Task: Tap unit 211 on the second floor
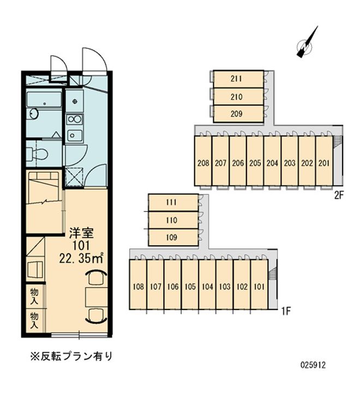pos(237,79)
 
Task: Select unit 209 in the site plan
pos(237,114)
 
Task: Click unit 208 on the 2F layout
pos(203,163)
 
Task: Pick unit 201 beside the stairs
pos(323,163)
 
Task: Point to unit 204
pos(272,163)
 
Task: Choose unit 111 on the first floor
pos(172,203)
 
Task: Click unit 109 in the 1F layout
pos(172,237)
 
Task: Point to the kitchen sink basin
pos(75,136)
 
